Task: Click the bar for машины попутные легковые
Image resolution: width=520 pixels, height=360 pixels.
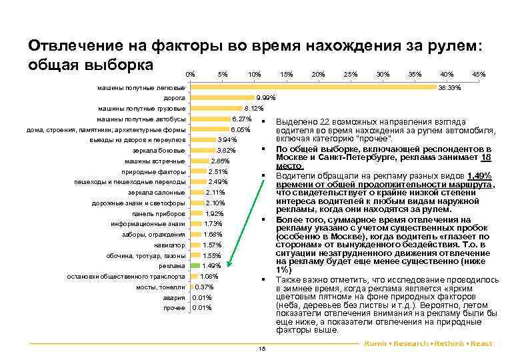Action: pyautogui.click(x=313, y=87)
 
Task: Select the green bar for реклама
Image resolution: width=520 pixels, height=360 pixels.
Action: pyautogui.click(x=195, y=266)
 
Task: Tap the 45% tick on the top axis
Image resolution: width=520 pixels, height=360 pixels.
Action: pyautogui.click(x=478, y=74)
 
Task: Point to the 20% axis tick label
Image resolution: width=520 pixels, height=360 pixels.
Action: pyautogui.click(x=318, y=74)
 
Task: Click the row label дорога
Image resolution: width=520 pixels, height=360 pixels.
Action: pyautogui.click(x=175, y=98)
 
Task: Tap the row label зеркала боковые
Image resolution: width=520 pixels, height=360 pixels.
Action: pyautogui.click(x=159, y=150)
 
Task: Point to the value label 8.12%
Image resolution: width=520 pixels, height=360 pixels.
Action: pyautogui.click(x=255, y=109)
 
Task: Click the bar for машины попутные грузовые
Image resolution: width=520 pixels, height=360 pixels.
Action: pyautogui.click(x=216, y=109)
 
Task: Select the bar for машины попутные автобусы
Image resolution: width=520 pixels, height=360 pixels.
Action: pyautogui.click(x=210, y=119)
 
